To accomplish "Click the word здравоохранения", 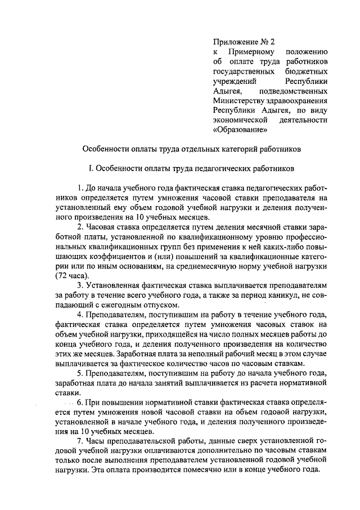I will click(298, 101).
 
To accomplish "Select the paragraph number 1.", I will click(80, 187).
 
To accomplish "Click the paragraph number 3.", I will click(80, 286).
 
